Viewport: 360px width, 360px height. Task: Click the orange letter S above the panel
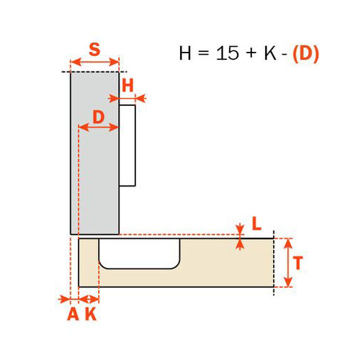coord(94,50)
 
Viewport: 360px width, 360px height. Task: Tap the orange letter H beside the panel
coord(127,86)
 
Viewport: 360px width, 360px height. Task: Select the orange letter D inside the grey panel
coord(99,117)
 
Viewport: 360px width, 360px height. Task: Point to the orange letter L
coord(256,224)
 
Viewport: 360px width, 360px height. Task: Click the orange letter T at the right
coord(298,263)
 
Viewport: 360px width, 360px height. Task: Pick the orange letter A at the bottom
coord(73,314)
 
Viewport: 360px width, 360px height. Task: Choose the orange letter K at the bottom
coord(91,314)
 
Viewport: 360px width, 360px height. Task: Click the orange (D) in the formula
coord(306,54)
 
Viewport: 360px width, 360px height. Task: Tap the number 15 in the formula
coord(228,53)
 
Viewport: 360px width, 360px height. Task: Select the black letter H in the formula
coord(185,53)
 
